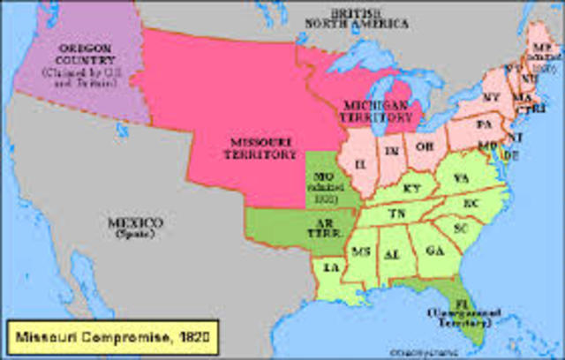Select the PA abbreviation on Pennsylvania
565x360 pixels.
tap(484, 125)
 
